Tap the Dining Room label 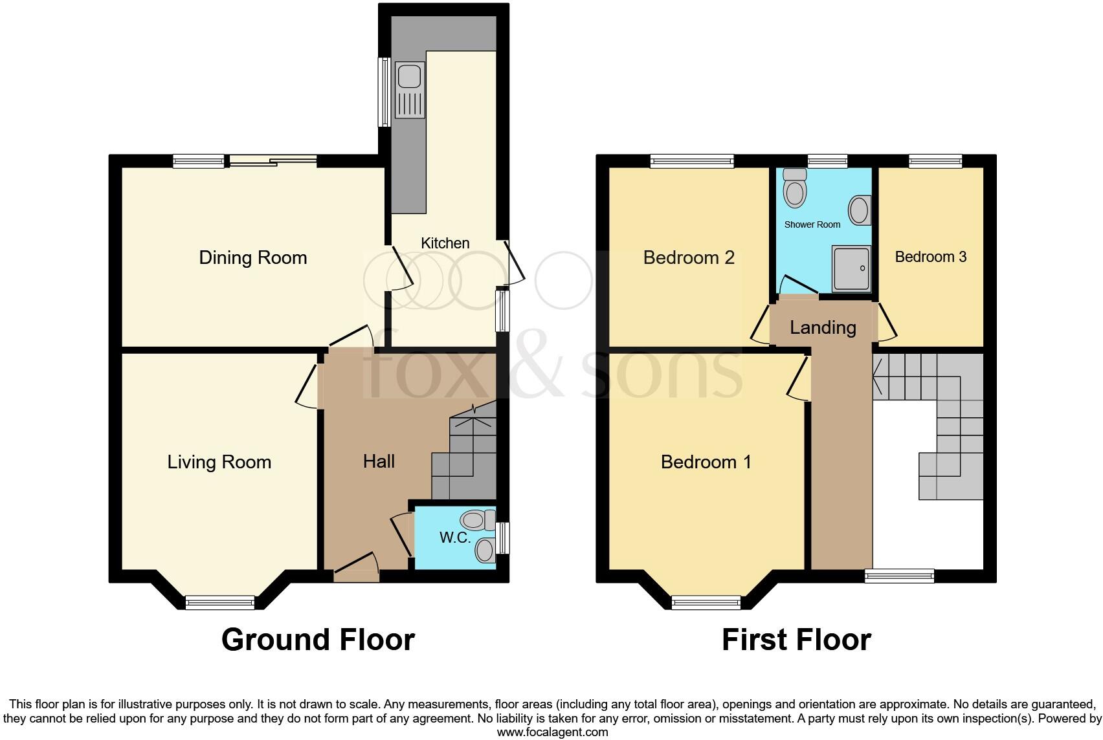tap(252, 257)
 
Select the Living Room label tap(219, 462)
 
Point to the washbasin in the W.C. tap(484, 550)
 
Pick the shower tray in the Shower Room tap(851, 268)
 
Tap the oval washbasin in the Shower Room tap(859, 210)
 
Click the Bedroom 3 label tap(930, 257)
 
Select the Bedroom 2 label tap(688, 257)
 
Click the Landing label tap(823, 327)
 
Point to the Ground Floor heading tap(318, 640)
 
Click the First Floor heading tap(796, 640)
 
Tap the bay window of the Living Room tap(220, 602)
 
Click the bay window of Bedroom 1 tap(706, 602)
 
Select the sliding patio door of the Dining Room tap(272, 160)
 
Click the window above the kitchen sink tap(384, 92)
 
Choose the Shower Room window tap(827, 160)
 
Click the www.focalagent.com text tap(552, 732)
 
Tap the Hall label tap(379, 461)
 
